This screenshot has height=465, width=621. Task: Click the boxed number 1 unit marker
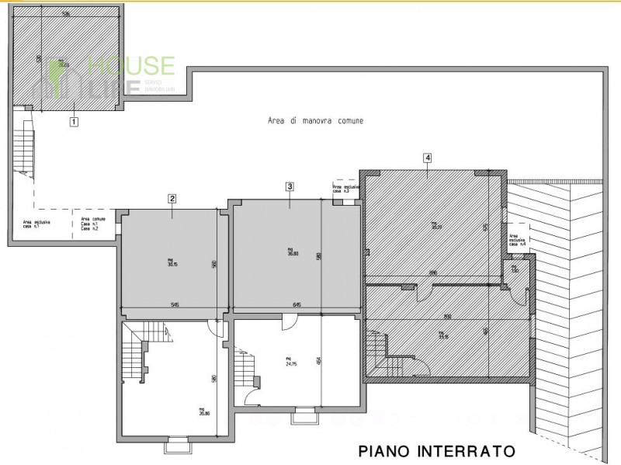[74, 121]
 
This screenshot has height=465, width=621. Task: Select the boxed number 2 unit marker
[172, 198]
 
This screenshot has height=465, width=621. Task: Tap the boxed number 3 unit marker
[290, 186]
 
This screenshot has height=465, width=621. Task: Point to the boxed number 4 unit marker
[428, 158]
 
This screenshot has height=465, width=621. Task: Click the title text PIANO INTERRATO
[436, 449]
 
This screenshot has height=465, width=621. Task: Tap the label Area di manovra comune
[315, 121]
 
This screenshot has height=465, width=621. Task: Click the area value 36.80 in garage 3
[293, 252]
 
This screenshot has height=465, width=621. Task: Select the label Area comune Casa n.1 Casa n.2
[94, 224]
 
